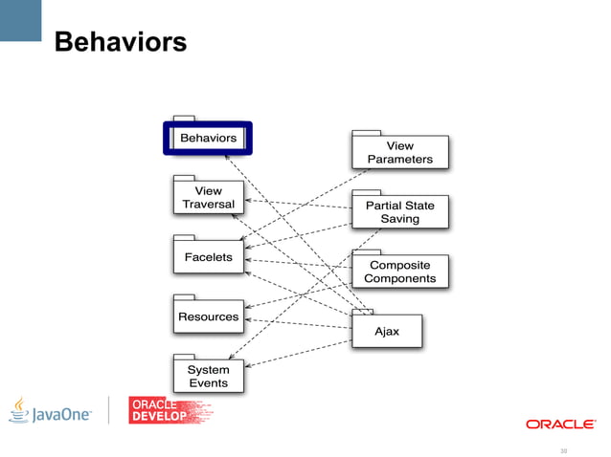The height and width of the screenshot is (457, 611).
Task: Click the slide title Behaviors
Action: (120, 43)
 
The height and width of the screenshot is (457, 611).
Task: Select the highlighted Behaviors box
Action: (208, 138)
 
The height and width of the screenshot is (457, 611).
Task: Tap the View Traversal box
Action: (208, 197)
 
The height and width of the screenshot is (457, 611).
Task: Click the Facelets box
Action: (208, 256)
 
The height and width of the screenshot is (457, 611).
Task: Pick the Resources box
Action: (208, 316)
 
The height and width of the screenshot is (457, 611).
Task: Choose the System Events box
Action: (208, 376)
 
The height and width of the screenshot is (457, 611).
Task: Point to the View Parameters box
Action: (399, 152)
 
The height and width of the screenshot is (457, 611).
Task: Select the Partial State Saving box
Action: (399, 211)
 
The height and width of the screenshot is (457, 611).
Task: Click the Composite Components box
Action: (399, 272)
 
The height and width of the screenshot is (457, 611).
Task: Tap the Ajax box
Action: (386, 331)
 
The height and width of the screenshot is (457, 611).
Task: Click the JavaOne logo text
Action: (63, 415)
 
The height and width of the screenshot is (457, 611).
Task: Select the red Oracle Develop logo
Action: (170, 409)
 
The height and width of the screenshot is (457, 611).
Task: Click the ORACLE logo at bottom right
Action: (560, 424)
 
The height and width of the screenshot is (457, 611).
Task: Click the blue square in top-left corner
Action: (20, 19)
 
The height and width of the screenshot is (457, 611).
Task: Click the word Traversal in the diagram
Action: (208, 204)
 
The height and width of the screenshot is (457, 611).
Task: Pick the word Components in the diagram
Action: (399, 279)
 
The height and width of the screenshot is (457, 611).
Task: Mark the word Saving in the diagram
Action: (399, 219)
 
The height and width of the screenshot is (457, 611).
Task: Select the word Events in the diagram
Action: (208, 383)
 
